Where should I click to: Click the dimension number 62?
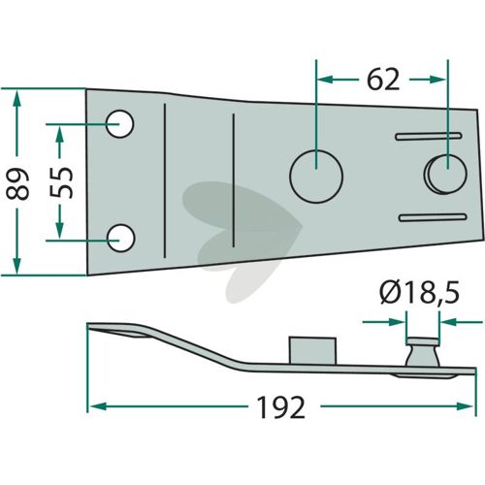pos(383,80)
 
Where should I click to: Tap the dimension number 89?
pos(17,183)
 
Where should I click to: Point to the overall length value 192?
pos(280,407)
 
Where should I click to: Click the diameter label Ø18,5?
pos(420,294)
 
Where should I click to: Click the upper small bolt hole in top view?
pos(119,124)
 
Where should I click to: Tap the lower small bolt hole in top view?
pos(120,239)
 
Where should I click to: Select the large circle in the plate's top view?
pos(316,177)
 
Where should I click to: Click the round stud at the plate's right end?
pos(445,175)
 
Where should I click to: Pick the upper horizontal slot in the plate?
pos(429,136)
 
